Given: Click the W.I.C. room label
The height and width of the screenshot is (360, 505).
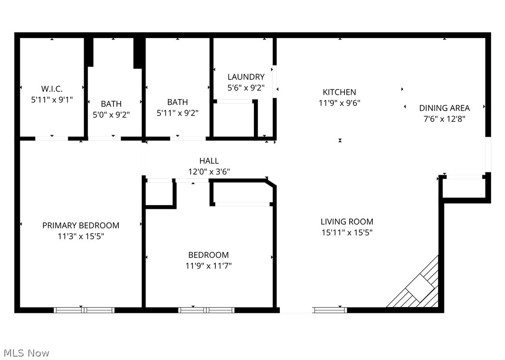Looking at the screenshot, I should point(51,89).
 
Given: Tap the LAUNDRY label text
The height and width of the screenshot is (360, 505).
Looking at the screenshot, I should point(246,77).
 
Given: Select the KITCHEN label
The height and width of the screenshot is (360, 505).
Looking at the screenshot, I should point(339,92).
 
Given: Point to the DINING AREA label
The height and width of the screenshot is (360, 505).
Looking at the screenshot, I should point(444,108).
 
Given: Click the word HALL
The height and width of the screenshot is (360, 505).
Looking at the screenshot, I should point(209,161).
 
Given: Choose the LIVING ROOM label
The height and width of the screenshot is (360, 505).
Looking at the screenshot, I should point(347,221).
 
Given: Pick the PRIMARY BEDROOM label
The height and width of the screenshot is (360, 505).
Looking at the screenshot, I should point(81,225).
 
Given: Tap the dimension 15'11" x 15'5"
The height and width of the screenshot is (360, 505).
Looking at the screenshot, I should point(347,232).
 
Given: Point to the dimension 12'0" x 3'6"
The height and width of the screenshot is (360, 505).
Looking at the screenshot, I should point(209,171).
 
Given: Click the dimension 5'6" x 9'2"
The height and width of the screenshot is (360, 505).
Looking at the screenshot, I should point(246,88).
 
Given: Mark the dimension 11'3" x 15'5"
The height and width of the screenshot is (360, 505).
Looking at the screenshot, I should point(81,236).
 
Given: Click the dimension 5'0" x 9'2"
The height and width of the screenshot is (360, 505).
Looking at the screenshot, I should point(111,115).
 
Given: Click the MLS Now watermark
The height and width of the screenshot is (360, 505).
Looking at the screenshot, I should point(25,353).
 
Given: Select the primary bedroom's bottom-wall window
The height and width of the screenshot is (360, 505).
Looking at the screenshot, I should point(84,310).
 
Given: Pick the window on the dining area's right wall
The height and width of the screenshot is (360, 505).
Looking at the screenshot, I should point(488,154).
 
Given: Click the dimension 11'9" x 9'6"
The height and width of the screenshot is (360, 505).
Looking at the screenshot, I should point(339,103).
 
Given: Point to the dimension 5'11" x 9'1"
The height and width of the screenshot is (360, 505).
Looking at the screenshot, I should point(51,100).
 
